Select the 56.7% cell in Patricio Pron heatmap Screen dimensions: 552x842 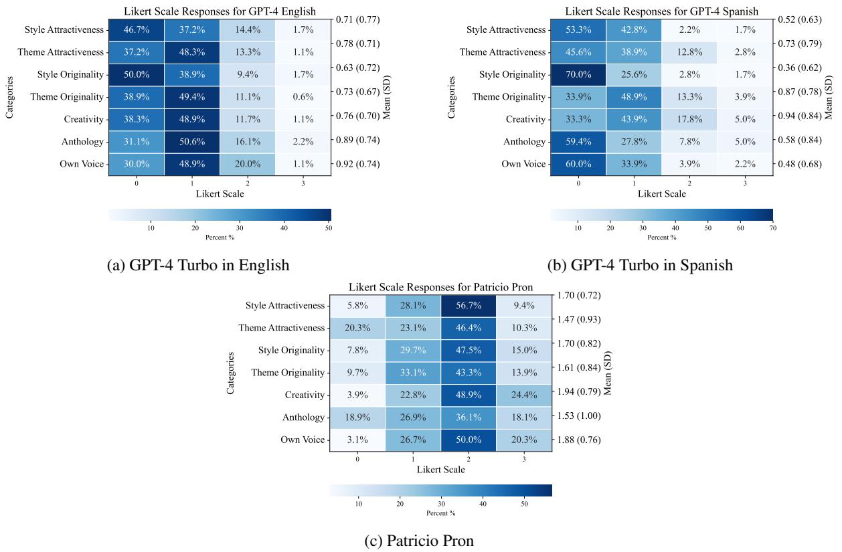[469, 306]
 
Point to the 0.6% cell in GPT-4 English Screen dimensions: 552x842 [303, 96]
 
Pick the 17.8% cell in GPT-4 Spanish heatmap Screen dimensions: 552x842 [689, 120]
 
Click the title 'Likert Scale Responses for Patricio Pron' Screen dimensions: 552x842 [440, 288]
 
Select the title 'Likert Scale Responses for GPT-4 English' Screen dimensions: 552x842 [220, 11]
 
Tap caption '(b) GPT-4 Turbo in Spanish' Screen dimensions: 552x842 [640, 265]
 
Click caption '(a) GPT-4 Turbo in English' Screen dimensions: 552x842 [198, 265]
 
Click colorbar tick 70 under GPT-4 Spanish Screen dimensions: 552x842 [772, 228]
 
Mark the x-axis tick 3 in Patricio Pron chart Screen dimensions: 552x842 [524, 460]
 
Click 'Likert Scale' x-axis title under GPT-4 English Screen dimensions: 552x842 [220, 193]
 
